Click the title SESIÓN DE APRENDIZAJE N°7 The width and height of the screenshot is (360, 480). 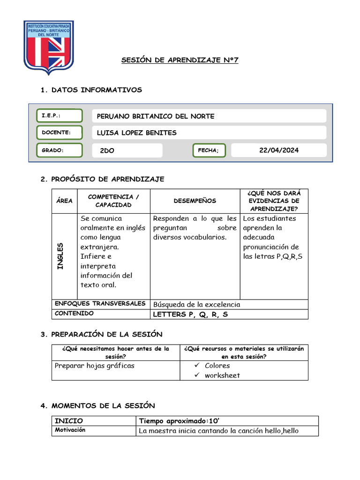pos(180,60)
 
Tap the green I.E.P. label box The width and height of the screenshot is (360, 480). pos(59,116)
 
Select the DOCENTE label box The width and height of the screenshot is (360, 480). pos(59,133)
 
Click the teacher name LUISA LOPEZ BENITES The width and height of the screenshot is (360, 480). pos(136,133)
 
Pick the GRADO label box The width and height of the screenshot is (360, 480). pos(59,150)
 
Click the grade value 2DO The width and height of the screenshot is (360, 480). pos(107,150)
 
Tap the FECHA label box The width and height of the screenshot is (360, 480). pos(209,150)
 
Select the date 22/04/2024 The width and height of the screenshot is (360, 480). pos(279,150)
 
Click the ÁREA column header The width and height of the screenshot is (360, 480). pos(64,201)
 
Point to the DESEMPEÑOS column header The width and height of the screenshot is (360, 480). pos(195,201)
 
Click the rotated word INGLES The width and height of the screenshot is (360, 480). pos(60,256)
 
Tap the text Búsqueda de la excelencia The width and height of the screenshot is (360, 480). pos(197,305)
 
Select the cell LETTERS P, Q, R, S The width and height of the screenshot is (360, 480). pos(190,315)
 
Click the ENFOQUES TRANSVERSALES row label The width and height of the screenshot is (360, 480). pos(100,304)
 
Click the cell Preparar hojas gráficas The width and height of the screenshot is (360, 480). pos(95,366)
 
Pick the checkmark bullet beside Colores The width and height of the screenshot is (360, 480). pos(197,366)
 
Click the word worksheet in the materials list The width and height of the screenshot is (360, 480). pos(222,375)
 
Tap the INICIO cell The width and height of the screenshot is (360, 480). pos(69,421)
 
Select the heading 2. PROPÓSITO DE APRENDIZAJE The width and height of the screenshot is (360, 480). pos(102,179)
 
